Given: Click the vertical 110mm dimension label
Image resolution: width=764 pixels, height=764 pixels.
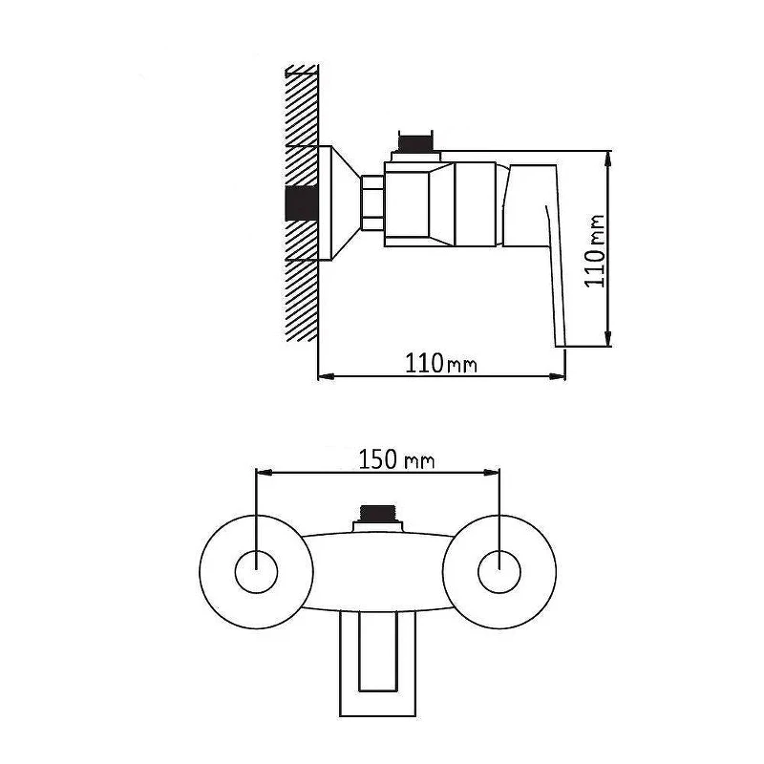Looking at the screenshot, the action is pyautogui.click(x=594, y=251).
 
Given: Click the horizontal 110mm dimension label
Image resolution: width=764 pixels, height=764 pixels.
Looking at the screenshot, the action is pyautogui.click(x=441, y=363).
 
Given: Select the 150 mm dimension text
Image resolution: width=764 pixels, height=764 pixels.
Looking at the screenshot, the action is pyautogui.click(x=396, y=459).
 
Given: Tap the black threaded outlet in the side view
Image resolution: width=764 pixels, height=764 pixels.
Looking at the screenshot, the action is pyautogui.click(x=415, y=142).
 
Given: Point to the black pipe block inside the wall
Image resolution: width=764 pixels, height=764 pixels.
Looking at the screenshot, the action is pyautogui.click(x=302, y=203).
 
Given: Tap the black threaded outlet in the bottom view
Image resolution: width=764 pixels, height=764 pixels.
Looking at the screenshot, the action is pyautogui.click(x=377, y=513).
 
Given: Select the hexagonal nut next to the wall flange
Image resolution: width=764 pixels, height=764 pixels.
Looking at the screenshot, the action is pyautogui.click(x=372, y=202).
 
